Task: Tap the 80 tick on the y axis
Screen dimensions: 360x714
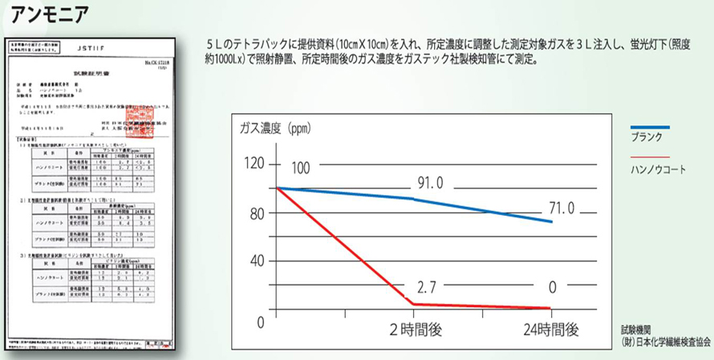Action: pos(257,214)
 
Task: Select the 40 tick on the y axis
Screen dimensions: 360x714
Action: pos(257,261)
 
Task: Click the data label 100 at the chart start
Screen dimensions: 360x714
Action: pos(299,169)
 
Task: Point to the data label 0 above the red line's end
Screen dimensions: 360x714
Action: pos(551,288)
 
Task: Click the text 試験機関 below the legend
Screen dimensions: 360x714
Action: pos(636,330)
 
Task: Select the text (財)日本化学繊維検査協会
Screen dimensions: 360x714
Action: pos(665,342)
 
